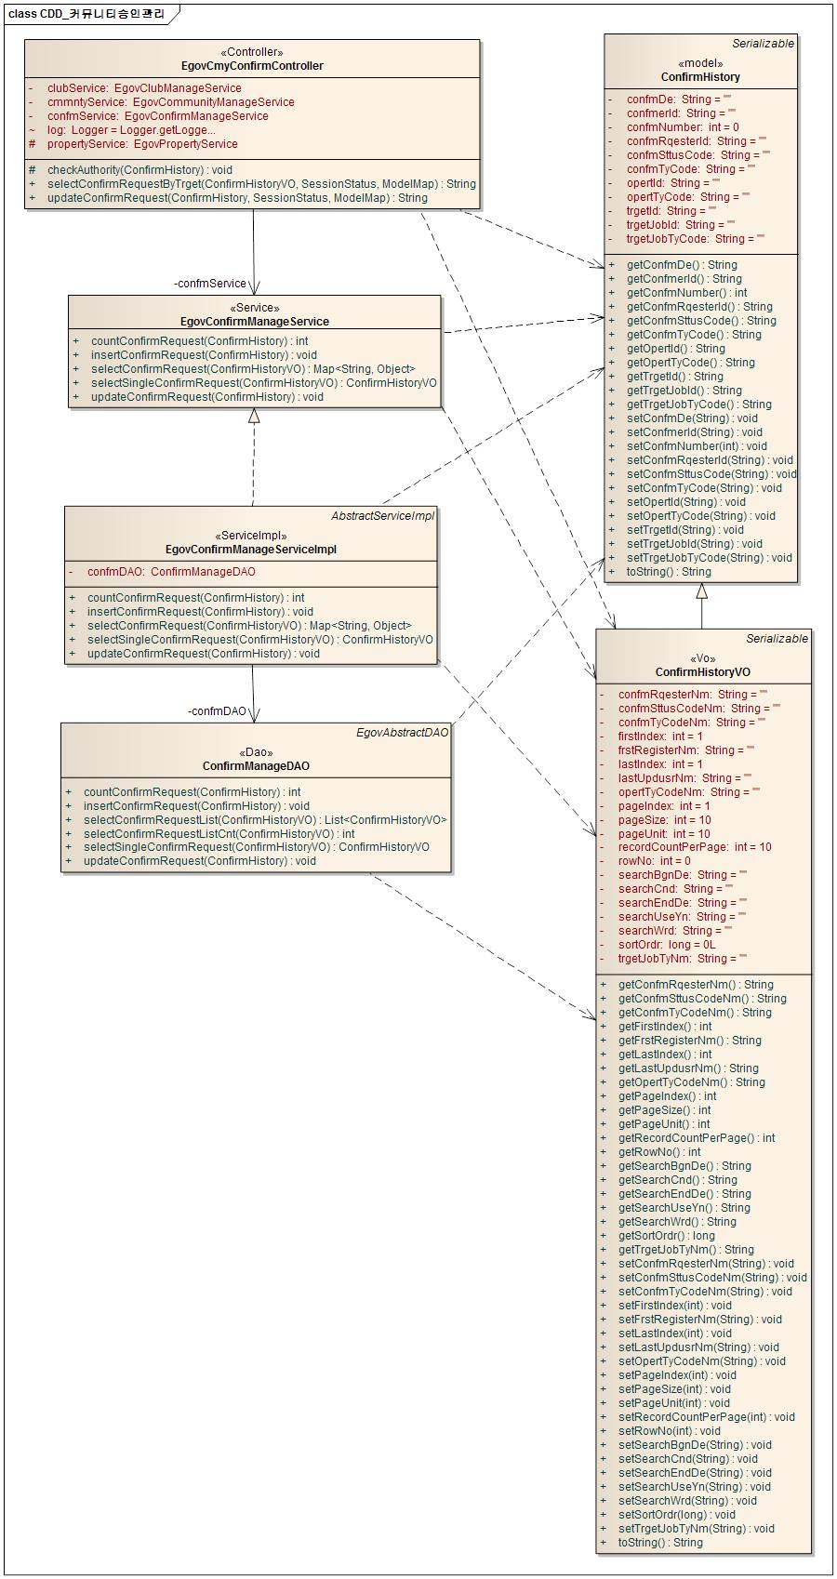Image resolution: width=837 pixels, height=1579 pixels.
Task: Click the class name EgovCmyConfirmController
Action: (x=252, y=66)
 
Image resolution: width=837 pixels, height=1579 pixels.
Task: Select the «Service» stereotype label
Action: (x=254, y=308)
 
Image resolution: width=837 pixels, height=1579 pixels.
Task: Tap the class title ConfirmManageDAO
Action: (x=256, y=766)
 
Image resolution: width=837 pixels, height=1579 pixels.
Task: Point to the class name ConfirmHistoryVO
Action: (x=702, y=672)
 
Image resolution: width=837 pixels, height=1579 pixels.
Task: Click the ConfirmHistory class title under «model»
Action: (x=700, y=77)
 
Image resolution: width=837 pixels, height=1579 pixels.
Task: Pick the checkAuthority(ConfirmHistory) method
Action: (x=139, y=170)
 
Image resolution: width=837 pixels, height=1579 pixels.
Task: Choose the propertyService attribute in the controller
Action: (x=142, y=144)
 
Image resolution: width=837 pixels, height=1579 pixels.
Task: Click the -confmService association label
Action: (x=210, y=284)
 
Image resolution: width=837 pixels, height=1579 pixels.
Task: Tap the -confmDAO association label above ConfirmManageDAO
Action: (x=217, y=711)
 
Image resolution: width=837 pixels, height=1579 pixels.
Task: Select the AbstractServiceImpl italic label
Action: (x=382, y=516)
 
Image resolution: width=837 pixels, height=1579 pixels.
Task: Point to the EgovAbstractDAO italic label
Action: (x=402, y=733)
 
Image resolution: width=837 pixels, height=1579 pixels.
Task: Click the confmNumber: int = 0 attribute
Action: (x=683, y=127)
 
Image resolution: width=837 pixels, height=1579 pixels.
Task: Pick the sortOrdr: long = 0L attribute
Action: (x=667, y=945)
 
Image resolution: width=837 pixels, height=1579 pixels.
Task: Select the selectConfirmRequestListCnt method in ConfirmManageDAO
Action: (x=219, y=834)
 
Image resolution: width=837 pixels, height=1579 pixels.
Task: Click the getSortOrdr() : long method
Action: (x=666, y=1236)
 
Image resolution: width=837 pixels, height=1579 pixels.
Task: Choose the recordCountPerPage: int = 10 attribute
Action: (x=695, y=847)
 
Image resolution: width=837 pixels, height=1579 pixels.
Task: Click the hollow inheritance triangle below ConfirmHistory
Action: (x=702, y=591)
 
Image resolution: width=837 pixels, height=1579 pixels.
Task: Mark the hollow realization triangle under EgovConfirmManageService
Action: (x=254, y=416)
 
